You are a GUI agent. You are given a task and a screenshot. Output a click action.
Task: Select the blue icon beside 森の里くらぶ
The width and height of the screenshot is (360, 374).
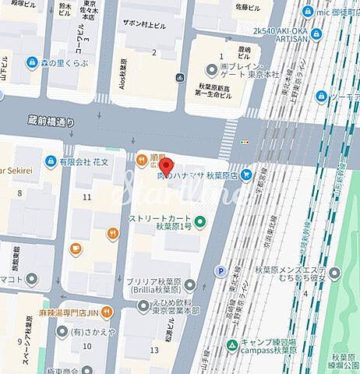32,62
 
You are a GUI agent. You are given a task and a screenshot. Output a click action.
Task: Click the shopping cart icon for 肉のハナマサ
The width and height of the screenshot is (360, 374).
246,176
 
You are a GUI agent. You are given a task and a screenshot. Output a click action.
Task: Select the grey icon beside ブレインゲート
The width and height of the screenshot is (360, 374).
210,67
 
